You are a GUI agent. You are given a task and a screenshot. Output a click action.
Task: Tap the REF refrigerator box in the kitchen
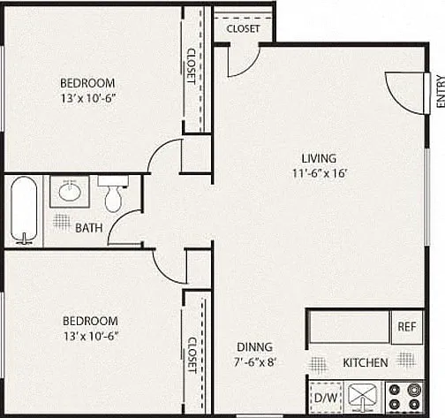coord(407,327)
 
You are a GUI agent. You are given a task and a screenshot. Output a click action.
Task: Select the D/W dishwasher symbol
coord(326,398)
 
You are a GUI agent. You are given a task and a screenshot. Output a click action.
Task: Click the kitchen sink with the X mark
coord(363,397)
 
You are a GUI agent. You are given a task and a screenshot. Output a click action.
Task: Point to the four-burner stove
coord(404,397)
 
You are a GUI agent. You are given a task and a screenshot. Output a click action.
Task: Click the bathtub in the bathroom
coord(24,210)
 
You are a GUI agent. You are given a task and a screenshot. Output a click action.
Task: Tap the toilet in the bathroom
coord(113,194)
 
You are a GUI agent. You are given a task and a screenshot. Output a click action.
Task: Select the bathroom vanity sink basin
coord(70,192)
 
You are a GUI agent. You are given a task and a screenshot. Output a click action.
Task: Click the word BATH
coord(89,228)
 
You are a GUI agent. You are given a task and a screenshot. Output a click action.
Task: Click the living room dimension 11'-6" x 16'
coord(319,173)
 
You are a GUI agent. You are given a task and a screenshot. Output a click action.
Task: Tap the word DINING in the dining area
coord(254,347)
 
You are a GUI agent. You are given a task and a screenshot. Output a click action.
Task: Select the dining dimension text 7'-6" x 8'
coord(254,362)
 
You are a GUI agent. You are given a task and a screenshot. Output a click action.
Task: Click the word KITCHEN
coord(366,362)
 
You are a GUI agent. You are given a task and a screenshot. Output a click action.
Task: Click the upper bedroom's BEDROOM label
coord(87,83)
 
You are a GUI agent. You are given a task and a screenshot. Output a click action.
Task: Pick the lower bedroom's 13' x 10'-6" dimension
coord(91,336)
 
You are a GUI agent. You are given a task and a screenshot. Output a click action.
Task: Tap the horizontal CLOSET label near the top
coord(243,29)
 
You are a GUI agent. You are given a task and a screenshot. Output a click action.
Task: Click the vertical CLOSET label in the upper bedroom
coord(192,66)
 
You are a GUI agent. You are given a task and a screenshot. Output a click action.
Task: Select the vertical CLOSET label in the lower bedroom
coord(192,355)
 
